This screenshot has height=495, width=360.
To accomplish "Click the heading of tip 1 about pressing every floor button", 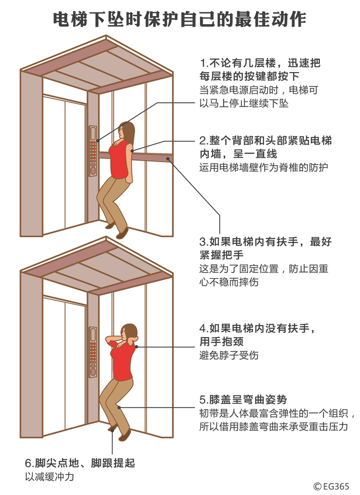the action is click(x=260, y=69).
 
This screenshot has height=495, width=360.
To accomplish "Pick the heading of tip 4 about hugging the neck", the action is click(x=258, y=335).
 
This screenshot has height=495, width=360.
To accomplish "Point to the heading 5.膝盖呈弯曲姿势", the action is click(x=243, y=400).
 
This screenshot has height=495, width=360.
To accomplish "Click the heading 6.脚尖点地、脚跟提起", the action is click(x=80, y=463).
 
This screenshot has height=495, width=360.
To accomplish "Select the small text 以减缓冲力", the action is click(x=49, y=476).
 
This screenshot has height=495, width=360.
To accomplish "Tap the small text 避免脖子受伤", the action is click(x=229, y=355).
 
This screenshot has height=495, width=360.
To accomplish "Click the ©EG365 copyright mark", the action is click(x=331, y=486).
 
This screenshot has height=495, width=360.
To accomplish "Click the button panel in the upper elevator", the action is click(x=93, y=151).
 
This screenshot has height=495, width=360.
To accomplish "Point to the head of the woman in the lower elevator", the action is click(x=129, y=333).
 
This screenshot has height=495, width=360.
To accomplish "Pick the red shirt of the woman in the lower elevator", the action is click(x=123, y=361).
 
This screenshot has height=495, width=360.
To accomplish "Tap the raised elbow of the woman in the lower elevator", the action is click(x=107, y=340).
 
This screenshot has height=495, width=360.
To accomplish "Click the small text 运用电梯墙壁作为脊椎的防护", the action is click(x=264, y=167).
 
